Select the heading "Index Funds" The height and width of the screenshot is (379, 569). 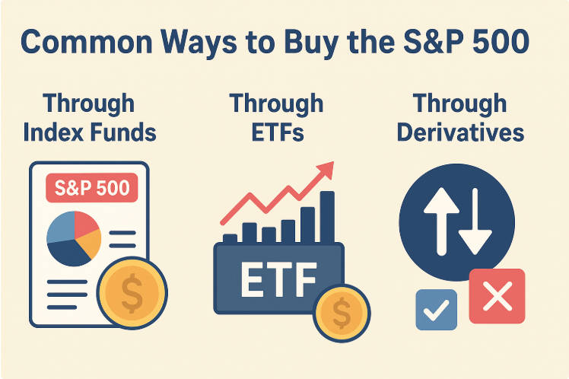pyautogui.click(x=90, y=132)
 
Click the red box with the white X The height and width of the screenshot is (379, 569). pyautogui.click(x=497, y=296)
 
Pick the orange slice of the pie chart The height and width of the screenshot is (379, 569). pyautogui.click(x=89, y=244)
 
